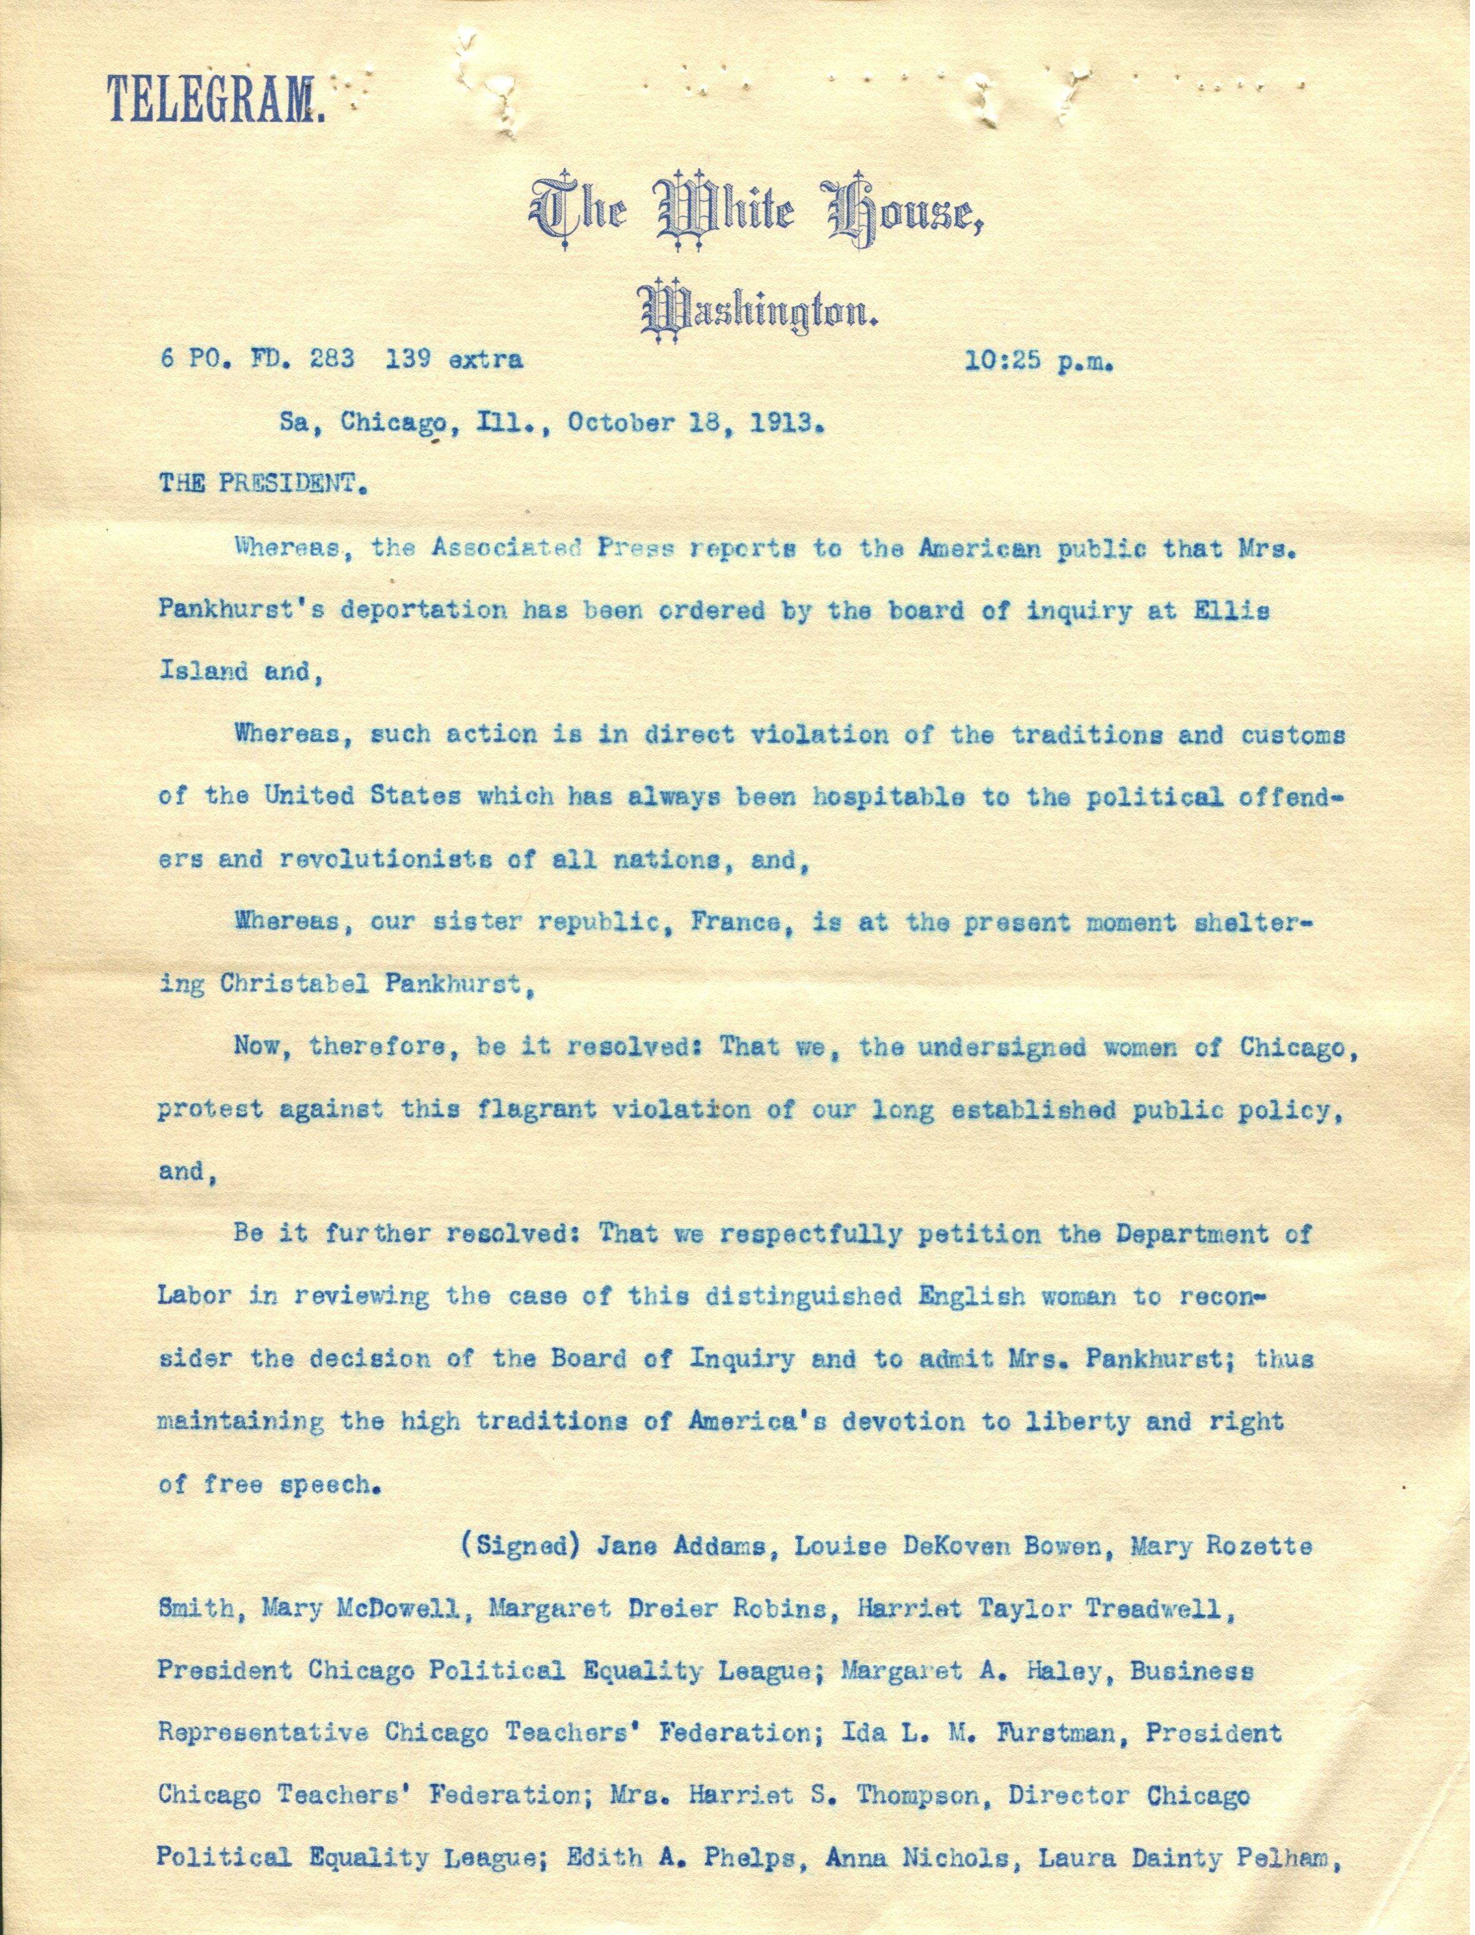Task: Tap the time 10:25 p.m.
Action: click(1039, 360)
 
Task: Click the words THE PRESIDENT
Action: click(260, 484)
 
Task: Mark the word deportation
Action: click(412, 611)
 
